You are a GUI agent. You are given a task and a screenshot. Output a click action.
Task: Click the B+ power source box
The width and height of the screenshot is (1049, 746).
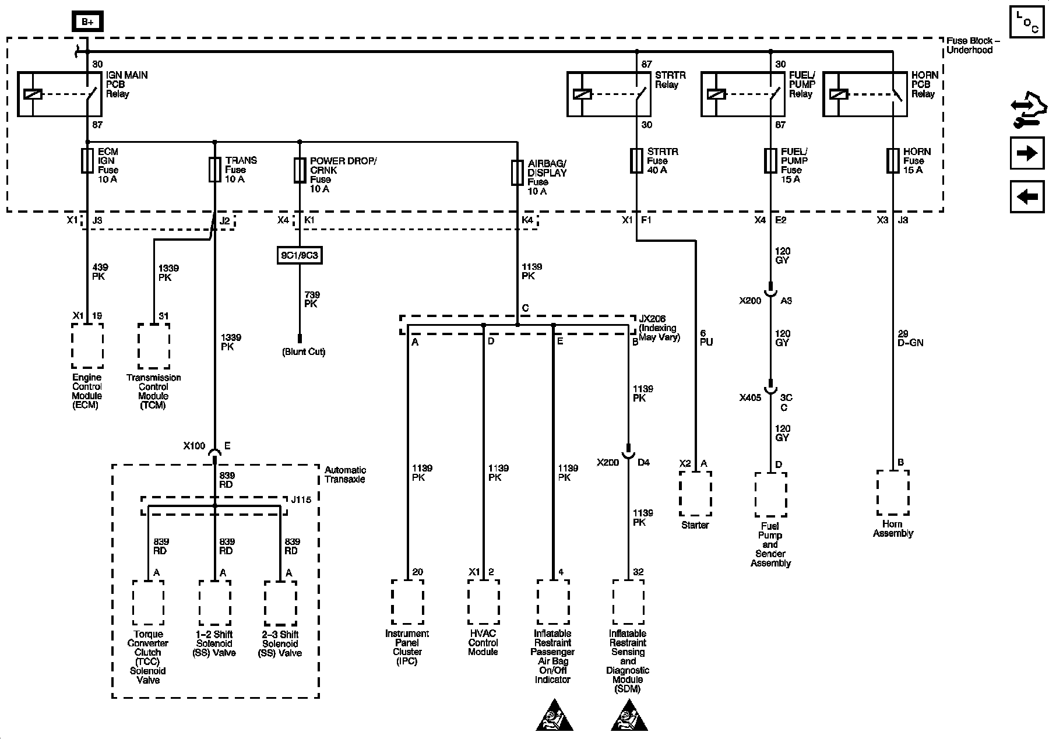pos(87,22)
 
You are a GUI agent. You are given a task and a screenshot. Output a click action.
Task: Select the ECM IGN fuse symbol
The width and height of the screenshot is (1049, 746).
pos(87,160)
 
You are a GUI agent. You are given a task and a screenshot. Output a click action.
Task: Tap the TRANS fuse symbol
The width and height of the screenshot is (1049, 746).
pos(215,170)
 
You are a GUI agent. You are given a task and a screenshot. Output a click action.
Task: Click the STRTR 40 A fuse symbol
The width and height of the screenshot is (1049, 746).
pos(636,160)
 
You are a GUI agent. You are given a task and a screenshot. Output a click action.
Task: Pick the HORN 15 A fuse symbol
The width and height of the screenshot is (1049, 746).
pos(893,160)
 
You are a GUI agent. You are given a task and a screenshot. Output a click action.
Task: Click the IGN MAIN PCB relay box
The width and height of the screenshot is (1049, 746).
pos(59,94)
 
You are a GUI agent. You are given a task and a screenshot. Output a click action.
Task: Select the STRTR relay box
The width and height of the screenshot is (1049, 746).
pos(609,94)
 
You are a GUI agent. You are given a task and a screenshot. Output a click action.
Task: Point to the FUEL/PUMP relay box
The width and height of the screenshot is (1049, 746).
pos(742,94)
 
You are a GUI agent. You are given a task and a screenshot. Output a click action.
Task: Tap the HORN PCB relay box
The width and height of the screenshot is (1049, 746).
pos(865,94)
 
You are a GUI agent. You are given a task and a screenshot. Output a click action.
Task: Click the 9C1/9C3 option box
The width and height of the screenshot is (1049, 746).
pos(300,255)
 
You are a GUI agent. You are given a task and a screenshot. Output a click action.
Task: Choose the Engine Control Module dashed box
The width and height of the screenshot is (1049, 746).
pos(87,346)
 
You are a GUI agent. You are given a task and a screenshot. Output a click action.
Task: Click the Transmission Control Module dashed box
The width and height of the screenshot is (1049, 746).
pos(154,346)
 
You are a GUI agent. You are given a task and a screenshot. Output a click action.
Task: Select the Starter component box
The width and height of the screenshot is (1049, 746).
pos(695,493)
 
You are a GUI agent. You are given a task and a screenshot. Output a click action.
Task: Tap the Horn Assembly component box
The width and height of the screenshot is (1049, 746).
pos(893,492)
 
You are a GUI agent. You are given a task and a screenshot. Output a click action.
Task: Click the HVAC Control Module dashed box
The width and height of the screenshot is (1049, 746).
pos(483,601)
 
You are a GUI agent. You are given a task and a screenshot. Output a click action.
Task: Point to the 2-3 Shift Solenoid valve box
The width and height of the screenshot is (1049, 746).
pos(280,603)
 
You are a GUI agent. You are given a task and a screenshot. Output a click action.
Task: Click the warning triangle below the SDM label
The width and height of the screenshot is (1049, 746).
pos(629,715)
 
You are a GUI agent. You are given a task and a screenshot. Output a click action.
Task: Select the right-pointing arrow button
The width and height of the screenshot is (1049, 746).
pos(1027,153)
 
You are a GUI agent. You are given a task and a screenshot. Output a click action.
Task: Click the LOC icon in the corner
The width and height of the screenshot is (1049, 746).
pos(1027,22)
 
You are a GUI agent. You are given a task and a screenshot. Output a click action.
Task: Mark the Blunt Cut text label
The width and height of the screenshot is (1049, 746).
pos(304,352)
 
